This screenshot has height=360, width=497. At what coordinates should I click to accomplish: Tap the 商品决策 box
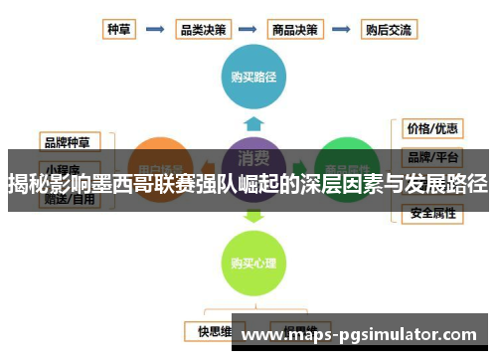pos(296,29)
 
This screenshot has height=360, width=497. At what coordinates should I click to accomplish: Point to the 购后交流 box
pos(389,29)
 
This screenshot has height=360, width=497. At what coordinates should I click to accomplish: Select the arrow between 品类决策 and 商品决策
pos(249,29)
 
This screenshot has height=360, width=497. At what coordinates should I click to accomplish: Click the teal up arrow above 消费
pos(253,122)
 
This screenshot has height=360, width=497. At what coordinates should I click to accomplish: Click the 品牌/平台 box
pos(431,157)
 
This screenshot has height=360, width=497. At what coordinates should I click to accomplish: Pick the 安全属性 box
pos(431,212)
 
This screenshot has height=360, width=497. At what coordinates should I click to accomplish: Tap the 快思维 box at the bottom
pos(214,329)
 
